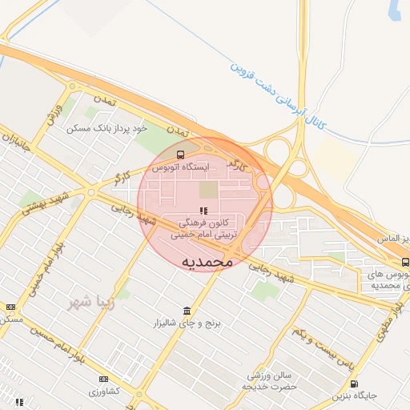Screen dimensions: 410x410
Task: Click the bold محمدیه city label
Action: (207, 261)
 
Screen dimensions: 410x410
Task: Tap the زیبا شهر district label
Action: (87, 302)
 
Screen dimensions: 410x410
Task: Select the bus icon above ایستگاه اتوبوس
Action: (179, 155)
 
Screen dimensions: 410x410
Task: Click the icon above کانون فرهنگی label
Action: (191, 210)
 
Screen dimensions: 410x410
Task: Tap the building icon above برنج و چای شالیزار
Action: (187, 311)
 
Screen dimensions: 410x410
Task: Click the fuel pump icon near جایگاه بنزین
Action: (354, 384)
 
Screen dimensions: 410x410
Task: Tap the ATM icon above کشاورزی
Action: (103, 379)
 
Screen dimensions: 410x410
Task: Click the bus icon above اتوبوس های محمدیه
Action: (404, 262)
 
